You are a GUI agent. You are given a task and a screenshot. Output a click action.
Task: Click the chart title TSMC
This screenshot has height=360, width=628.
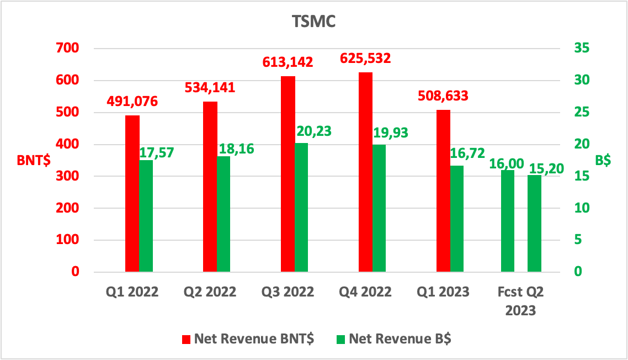point(313,22)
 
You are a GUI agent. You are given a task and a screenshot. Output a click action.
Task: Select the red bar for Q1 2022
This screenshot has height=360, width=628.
point(132,193)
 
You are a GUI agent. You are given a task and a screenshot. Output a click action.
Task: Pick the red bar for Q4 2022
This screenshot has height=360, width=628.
point(365,172)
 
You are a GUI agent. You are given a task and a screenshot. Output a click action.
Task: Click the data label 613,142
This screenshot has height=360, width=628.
point(288,62)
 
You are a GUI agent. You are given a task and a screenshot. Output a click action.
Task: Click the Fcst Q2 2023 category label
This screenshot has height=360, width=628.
point(520,301)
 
